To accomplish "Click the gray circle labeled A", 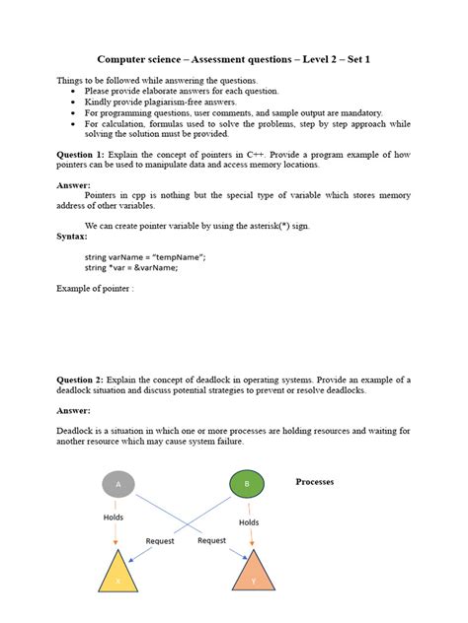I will (118, 484).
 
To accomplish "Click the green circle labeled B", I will (246, 484).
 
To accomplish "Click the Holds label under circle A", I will (114, 517).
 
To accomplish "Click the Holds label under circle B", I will (249, 522).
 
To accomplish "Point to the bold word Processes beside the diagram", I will (315, 482).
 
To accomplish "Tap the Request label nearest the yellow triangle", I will (160, 540).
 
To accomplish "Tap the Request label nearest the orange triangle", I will (211, 540).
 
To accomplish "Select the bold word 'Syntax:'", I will (72, 237).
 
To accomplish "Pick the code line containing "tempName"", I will (145, 256).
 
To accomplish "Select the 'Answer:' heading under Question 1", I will (74, 184).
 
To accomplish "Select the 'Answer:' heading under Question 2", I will (74, 409).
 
